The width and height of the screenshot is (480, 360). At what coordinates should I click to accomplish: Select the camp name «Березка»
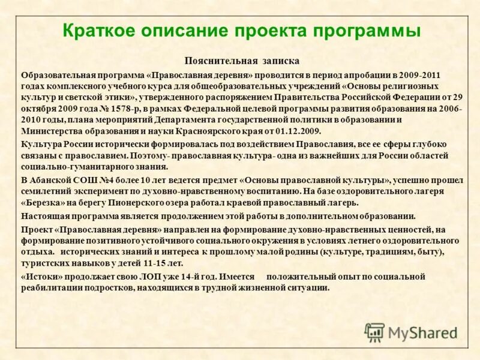[43, 202]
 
